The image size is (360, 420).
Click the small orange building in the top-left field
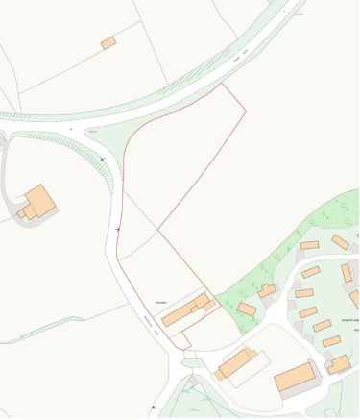108,42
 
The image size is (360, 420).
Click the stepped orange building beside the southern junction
235,363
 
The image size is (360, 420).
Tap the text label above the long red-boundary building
164,298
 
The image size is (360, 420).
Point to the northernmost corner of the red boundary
223,84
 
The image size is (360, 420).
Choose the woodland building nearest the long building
248,309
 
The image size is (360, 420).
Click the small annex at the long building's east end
209,304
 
